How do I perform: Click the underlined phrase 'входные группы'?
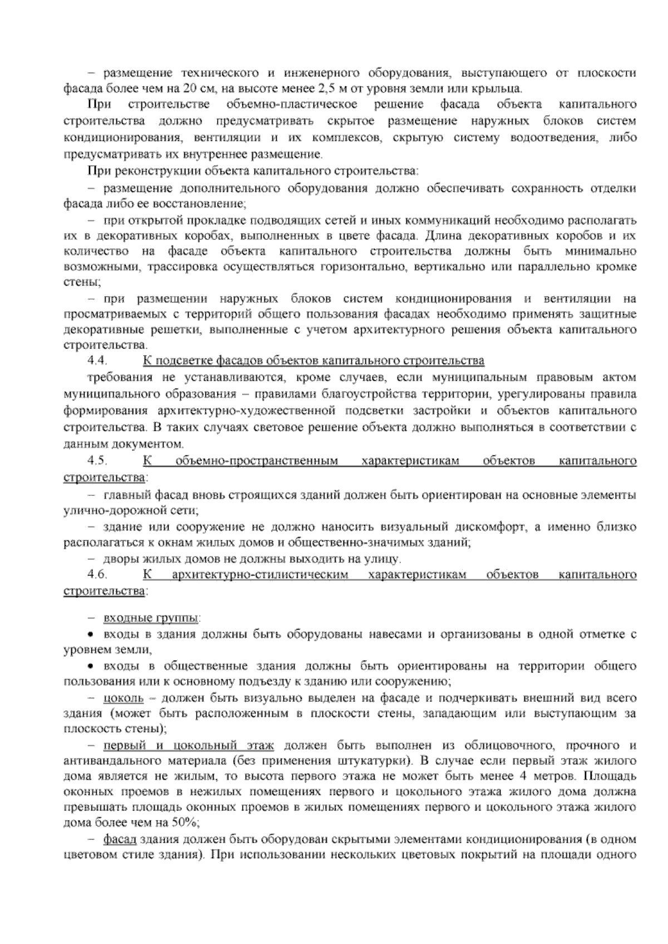[150, 618]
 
